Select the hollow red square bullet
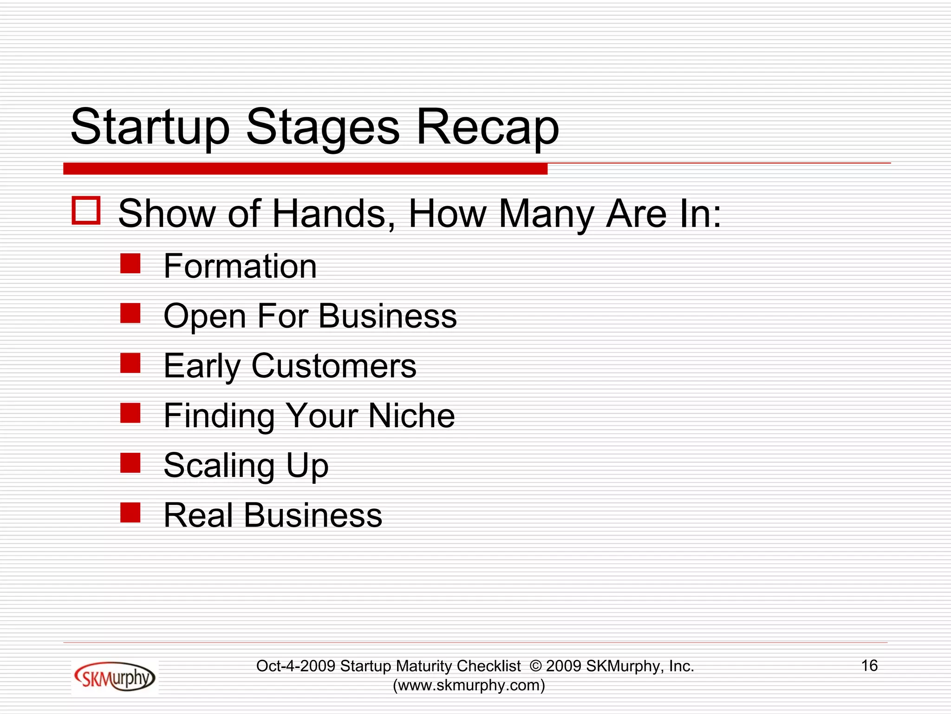coord(86,211)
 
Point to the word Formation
coord(240,266)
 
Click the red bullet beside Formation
coord(130,263)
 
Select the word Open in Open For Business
coord(204,317)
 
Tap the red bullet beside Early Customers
coord(130,363)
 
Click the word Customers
coord(333,366)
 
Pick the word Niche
coord(411,416)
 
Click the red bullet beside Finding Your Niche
coord(130,413)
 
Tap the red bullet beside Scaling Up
coord(130,463)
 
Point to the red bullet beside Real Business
coord(130,513)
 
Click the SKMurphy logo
coord(114,677)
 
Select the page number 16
coord(869,666)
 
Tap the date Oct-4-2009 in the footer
coord(295,666)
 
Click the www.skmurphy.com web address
coord(469,685)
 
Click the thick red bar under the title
coord(305,169)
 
